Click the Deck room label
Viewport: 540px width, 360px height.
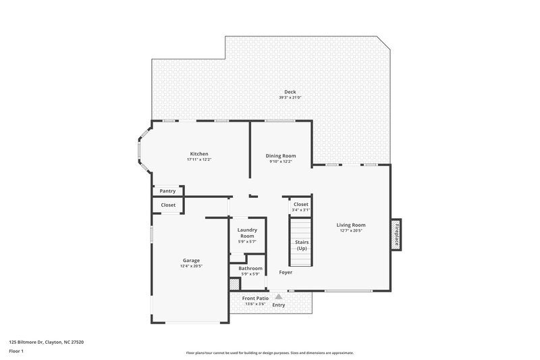(290, 92)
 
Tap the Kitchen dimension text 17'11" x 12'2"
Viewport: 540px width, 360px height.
(199, 160)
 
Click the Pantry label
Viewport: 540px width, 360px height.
(167, 191)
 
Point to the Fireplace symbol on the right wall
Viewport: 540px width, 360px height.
(397, 234)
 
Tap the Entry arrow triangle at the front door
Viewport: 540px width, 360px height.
(278, 296)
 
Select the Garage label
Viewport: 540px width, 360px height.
(191, 260)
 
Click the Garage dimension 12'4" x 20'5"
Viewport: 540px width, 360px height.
(191, 266)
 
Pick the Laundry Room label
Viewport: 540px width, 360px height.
(246, 232)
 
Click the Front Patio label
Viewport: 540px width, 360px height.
(255, 298)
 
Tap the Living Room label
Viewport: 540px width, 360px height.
(351, 225)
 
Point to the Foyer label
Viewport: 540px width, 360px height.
(286, 272)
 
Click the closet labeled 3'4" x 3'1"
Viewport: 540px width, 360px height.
(300, 207)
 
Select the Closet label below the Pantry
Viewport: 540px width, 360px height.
(168, 205)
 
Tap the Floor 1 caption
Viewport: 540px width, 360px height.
(16, 351)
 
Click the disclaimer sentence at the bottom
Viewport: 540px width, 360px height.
(269, 353)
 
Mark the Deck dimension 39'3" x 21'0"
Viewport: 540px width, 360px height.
(290, 98)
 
